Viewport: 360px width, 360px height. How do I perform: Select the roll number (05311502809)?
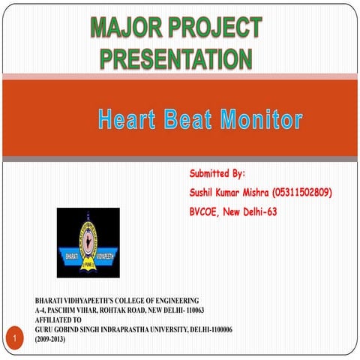coord(302,193)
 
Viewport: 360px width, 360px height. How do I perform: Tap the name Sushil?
coord(205,193)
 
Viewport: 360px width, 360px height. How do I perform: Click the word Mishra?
coord(253,193)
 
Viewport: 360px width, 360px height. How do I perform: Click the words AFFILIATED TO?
coord(59,319)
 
